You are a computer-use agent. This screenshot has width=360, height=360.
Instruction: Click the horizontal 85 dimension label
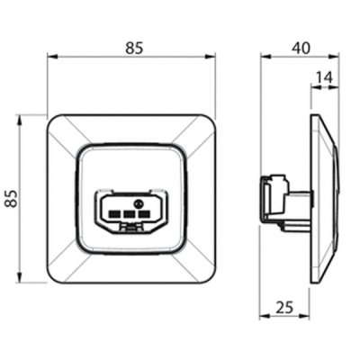(135, 49)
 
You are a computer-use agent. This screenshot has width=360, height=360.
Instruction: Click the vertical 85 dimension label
(12, 199)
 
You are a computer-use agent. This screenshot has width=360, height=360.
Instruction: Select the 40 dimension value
(301, 49)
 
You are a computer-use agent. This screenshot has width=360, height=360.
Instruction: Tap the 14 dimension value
(325, 77)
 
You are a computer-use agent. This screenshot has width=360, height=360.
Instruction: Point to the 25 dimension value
(284, 307)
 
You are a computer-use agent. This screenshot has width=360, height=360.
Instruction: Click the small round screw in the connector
(139, 203)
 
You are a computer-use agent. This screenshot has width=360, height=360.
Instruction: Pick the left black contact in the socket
(113, 214)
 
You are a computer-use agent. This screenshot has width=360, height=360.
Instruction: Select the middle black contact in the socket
(129, 214)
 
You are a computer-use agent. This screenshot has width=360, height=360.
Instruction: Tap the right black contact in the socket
(144, 214)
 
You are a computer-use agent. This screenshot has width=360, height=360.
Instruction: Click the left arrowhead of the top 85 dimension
(52, 57)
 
